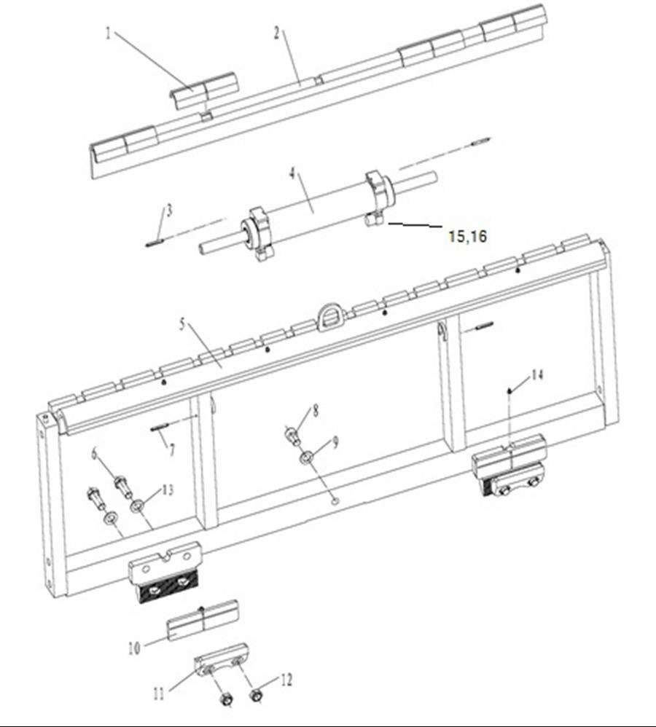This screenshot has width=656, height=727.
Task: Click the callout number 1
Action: coord(109,34)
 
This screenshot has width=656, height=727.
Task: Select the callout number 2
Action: coord(276,33)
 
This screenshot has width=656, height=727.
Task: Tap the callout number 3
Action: coord(169,211)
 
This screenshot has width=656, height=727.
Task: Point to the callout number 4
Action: coord(292,173)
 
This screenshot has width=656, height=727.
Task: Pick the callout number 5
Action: coord(181,323)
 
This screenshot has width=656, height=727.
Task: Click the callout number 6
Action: coord(95,454)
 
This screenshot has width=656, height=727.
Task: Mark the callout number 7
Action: coord(172,449)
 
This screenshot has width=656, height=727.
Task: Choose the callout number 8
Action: coord(315,410)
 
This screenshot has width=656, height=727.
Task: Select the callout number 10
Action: coord(134,648)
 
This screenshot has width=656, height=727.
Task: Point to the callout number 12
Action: coord(286,680)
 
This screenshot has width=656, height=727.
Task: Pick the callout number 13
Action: coord(168,490)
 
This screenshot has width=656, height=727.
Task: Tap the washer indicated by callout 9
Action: coord(306,458)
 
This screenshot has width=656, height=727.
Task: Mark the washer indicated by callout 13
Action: coord(136,505)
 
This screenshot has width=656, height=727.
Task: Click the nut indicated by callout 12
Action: coord(257,696)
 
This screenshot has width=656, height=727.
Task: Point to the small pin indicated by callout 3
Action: coord(153,244)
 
